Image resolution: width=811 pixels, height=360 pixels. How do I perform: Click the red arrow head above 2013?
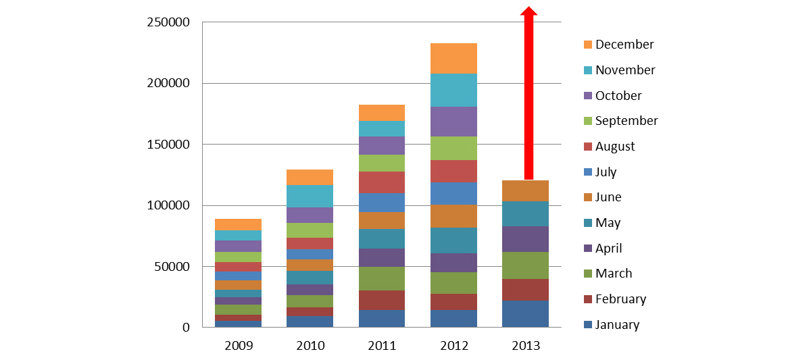click(529, 11)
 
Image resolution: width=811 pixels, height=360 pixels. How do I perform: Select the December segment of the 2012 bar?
click(453, 58)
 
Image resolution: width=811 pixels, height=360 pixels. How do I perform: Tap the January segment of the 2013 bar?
click(525, 314)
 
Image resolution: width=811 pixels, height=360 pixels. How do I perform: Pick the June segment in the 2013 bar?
click(525, 190)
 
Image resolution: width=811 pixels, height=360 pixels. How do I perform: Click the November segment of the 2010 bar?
click(310, 196)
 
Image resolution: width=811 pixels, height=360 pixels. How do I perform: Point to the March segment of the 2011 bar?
click(382, 278)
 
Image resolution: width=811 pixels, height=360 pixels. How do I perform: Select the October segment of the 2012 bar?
click(453, 122)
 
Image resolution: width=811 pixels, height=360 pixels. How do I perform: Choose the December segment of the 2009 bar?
click(239, 224)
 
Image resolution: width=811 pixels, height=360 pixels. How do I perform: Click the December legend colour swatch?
click(587, 45)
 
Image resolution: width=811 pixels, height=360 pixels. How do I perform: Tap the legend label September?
click(626, 121)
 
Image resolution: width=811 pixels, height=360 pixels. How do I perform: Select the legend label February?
click(620, 299)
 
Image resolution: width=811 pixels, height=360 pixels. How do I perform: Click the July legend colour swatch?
click(587, 172)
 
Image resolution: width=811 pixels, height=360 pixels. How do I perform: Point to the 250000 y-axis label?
click(168, 22)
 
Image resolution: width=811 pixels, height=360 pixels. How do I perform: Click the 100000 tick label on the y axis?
click(168, 205)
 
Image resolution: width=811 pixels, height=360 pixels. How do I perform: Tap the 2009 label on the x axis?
click(239, 346)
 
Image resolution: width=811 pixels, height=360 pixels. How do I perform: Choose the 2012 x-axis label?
click(453, 346)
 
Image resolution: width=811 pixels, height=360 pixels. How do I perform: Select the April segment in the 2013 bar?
click(525, 239)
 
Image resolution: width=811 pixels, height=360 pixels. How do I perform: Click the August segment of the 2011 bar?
click(382, 182)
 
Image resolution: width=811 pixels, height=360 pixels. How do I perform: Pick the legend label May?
click(608, 223)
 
